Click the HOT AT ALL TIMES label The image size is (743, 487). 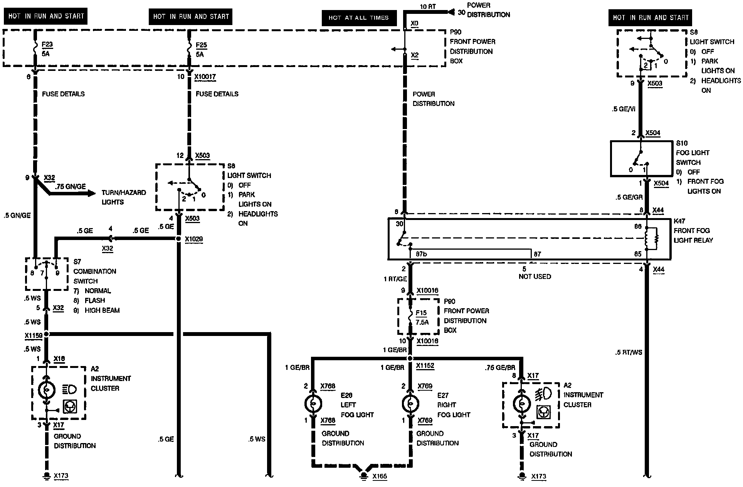coord(358,18)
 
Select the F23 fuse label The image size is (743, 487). coord(47,44)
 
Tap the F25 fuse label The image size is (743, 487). coord(201,45)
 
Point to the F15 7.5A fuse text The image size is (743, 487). coord(422,317)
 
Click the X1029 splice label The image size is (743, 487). coord(194,239)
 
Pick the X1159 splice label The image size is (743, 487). coord(34,336)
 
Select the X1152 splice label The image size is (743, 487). coord(425,366)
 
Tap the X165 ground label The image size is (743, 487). coord(380,477)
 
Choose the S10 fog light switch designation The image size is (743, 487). coord(682,143)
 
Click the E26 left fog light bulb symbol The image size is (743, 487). coord(313,404)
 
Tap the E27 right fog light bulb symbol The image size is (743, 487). coord(410,404)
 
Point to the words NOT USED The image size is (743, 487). coord(535,277)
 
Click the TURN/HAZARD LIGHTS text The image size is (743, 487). coord(124,197)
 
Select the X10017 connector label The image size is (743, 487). coord(205,77)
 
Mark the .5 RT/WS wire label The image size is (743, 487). coord(629,352)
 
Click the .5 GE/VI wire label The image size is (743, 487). coord(623,109)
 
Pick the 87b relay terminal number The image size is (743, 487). coord(421,254)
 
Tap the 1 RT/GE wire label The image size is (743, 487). coord(395,279)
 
